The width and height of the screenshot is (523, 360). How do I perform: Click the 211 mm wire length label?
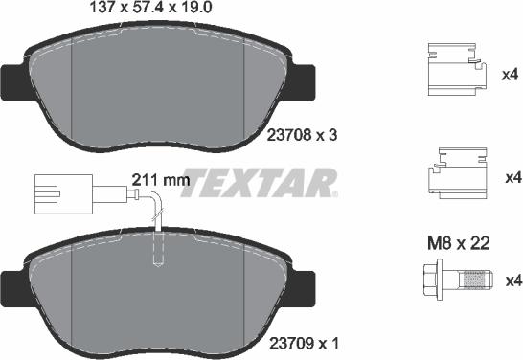coord(156,178)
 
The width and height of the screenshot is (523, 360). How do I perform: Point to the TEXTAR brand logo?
coord(260,181)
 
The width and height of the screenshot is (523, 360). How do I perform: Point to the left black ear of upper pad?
coord(12,80)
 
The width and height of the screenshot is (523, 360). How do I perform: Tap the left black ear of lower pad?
coord(12,286)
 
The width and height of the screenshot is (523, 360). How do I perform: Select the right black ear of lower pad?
coord(304,284)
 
